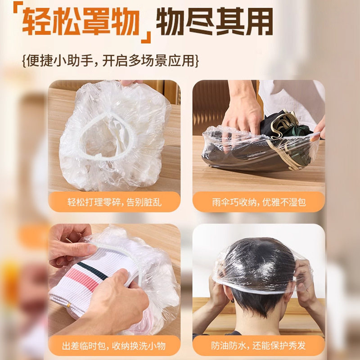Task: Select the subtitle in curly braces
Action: pos(110,60)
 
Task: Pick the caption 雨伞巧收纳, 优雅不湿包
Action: pos(259,202)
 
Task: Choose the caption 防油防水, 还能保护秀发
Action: pos(259,346)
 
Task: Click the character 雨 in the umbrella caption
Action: pos(217,202)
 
